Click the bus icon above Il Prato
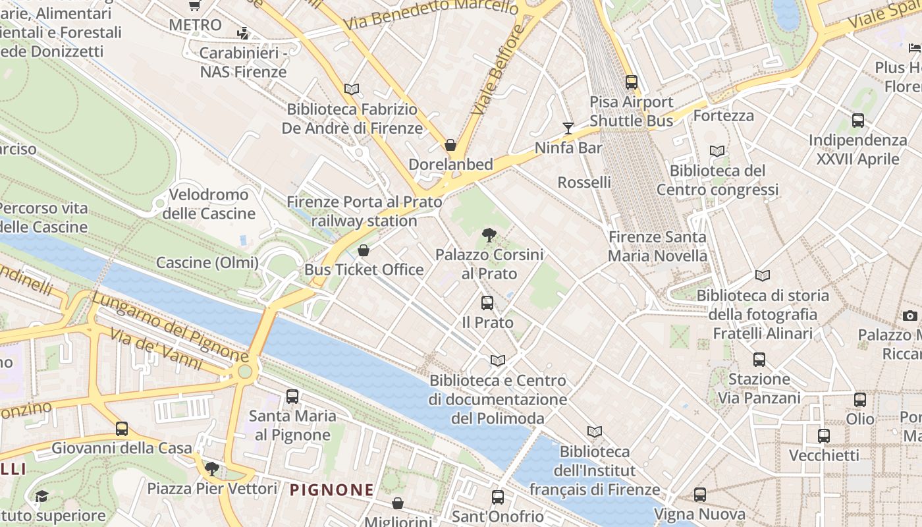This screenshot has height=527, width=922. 487,303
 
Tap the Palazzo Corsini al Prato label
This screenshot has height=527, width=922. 489,263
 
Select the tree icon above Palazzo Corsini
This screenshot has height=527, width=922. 489,234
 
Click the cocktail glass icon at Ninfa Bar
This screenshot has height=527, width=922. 568,128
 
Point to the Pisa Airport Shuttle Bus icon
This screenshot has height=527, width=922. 631,82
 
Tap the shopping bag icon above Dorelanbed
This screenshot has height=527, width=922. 450,145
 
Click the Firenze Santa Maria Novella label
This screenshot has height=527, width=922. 657,246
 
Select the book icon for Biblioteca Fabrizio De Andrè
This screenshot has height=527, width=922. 352,89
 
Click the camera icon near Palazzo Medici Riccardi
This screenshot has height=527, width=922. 909,316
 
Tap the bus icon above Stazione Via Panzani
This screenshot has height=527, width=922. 759,360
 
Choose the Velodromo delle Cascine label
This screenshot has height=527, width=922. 209,204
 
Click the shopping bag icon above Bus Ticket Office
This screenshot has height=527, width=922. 363,250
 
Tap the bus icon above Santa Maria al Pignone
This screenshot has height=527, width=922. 292,397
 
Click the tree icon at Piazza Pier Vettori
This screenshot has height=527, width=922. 211,469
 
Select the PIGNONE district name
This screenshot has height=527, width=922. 331,490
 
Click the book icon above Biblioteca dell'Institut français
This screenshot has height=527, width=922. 595,432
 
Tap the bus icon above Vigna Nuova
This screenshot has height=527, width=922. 699,494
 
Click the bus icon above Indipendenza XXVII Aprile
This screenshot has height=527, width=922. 857,121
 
